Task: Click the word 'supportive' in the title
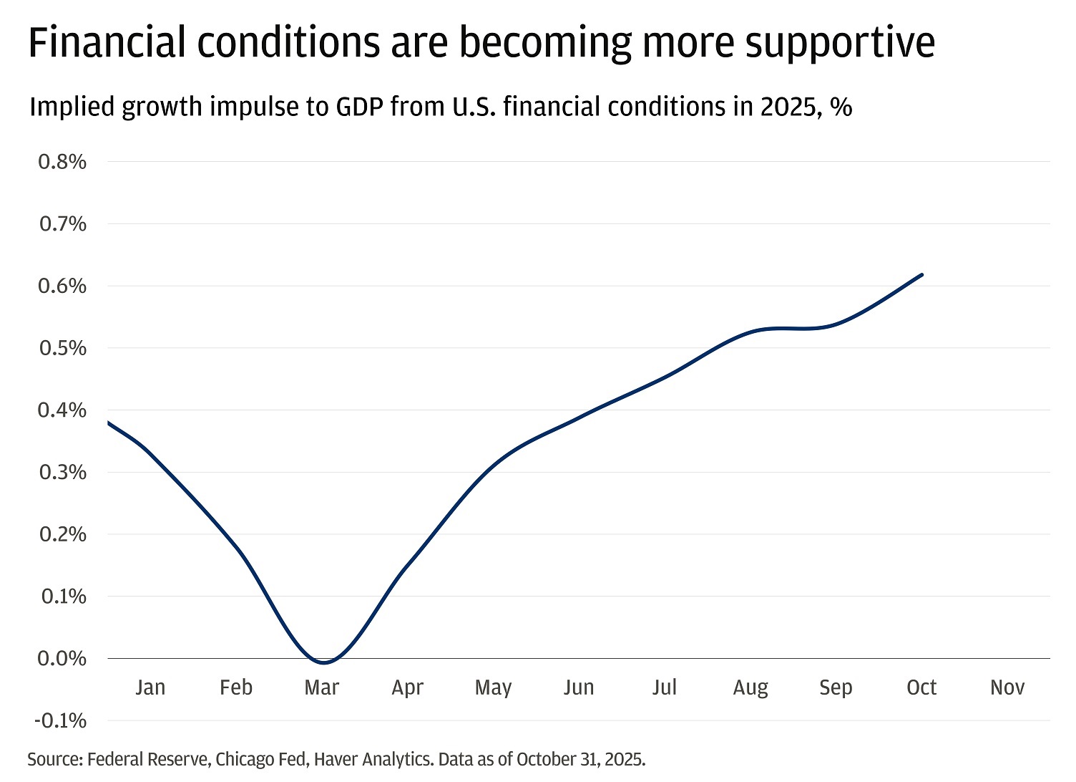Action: (x=839, y=43)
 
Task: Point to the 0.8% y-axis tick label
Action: (x=62, y=162)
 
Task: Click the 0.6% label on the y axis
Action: (x=62, y=286)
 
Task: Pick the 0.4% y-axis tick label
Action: (x=62, y=410)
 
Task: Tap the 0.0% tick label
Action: (x=62, y=658)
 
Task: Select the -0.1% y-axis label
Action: (x=60, y=720)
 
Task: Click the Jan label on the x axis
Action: (x=150, y=687)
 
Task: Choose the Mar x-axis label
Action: (x=321, y=687)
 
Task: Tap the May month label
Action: (x=493, y=687)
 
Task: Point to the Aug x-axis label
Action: (x=750, y=687)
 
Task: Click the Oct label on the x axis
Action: (x=921, y=687)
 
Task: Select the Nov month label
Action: (x=1007, y=687)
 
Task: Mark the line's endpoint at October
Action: (x=921, y=274)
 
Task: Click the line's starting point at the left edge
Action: (x=109, y=423)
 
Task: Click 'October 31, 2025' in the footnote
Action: (x=580, y=759)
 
